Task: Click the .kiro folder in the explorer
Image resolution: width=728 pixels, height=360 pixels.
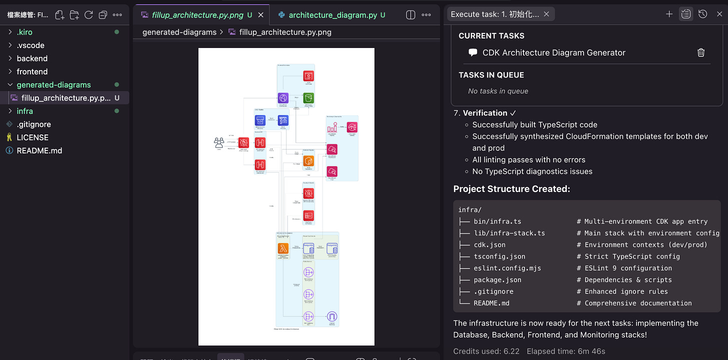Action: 24,32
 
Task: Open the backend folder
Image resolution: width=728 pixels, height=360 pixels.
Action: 32,58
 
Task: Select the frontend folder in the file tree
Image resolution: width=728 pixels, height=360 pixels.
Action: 32,71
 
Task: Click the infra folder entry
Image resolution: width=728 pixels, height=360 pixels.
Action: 24,111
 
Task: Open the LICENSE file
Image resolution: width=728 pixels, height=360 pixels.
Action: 32,137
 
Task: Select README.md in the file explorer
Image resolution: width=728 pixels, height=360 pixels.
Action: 39,150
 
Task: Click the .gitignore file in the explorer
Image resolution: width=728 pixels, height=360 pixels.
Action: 33,124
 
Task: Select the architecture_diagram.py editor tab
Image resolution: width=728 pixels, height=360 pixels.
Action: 332,15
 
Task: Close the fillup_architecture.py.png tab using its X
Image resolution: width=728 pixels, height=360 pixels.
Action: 260,15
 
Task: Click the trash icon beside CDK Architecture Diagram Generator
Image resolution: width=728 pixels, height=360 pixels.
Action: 701,52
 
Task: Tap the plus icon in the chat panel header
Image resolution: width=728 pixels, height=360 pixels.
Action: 669,14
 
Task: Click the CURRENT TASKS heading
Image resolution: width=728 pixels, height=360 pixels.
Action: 491,36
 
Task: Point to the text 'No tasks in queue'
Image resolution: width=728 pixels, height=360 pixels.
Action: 498,91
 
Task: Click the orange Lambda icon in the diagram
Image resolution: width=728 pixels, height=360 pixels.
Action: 284,248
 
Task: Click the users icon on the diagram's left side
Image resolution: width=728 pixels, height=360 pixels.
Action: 219,143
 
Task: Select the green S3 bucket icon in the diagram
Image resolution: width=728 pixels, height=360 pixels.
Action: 308,98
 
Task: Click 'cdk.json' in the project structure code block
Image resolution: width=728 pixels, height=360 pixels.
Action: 489,244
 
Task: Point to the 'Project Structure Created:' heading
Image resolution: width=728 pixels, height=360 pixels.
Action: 511,189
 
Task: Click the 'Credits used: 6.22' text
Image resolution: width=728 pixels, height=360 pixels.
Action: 485,351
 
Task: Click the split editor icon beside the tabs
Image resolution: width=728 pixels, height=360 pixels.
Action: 410,15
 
